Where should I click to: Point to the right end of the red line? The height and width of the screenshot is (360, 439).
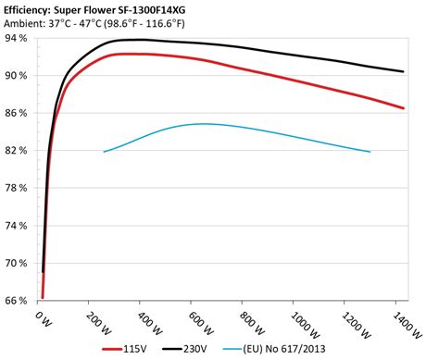click(x=404, y=108)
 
